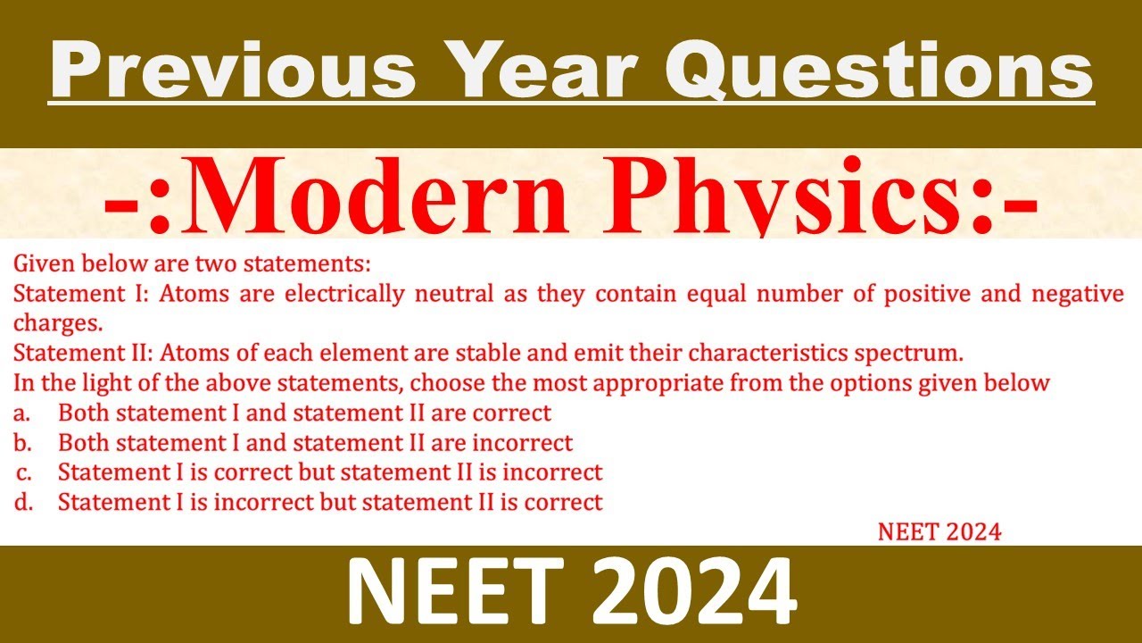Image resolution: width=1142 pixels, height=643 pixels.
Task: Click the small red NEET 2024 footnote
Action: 939,532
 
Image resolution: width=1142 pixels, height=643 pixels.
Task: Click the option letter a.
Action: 21,413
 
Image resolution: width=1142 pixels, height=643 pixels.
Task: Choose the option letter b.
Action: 21,443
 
